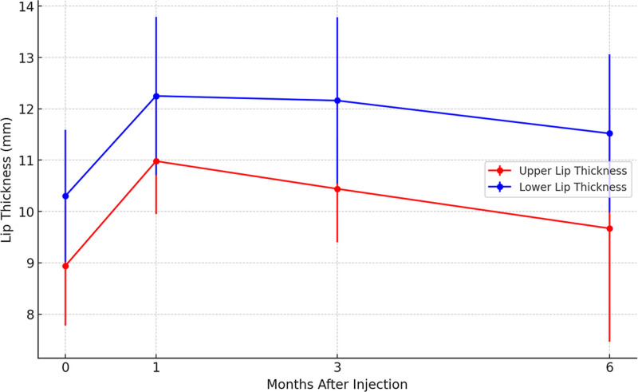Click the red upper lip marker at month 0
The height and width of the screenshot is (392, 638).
point(65,266)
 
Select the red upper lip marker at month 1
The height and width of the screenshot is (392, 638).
point(156,161)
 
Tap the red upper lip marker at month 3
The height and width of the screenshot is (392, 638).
point(337,189)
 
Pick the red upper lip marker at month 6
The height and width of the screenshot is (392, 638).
point(609,228)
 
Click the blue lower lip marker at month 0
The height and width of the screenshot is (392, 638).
point(65,196)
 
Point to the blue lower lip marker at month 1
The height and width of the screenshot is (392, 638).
point(156,96)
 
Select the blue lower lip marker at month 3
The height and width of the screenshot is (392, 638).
point(337,101)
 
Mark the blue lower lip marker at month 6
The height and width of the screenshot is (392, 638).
point(609,133)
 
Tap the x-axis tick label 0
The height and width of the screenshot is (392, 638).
point(65,368)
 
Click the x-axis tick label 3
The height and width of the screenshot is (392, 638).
point(337,368)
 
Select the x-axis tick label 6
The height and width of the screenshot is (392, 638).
point(609,368)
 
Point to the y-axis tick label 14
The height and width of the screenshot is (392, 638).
point(26,6)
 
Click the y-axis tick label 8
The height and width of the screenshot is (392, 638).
point(30,315)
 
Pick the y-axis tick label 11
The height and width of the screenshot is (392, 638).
point(26,160)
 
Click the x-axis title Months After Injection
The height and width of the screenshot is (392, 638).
point(337,384)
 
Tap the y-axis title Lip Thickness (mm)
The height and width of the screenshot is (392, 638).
point(6,180)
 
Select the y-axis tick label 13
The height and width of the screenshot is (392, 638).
point(26,57)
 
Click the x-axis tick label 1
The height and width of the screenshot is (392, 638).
point(156,368)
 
